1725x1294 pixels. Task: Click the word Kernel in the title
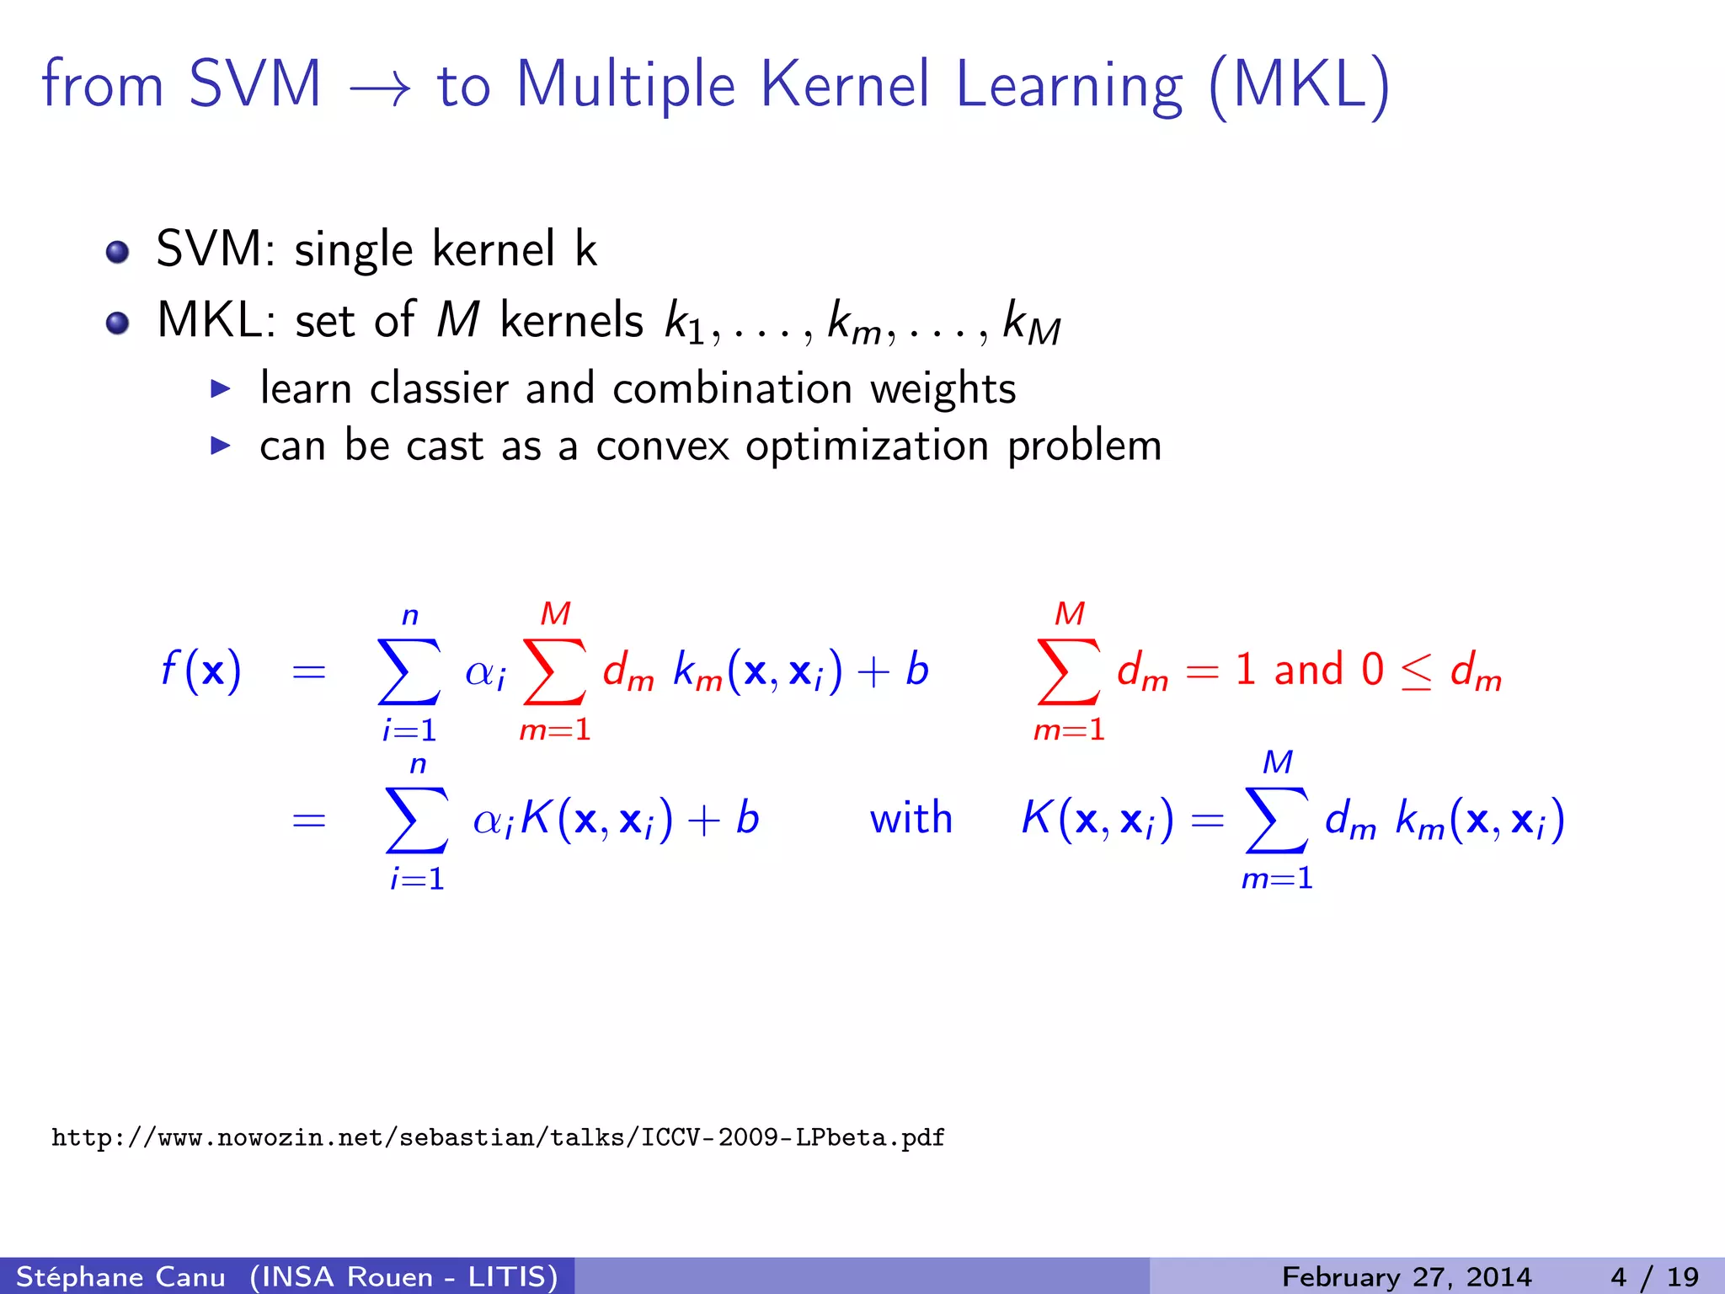point(845,85)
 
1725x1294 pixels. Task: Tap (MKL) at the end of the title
point(1299,87)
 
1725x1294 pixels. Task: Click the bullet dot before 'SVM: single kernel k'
point(118,252)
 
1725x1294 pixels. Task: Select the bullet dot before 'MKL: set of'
point(118,323)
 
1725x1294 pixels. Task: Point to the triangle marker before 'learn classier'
point(220,388)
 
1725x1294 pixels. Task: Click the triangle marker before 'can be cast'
point(220,446)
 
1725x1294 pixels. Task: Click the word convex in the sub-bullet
point(662,446)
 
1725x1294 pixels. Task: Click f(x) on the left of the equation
point(200,671)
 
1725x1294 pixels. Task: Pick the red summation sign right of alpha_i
point(554,671)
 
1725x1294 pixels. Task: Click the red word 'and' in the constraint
point(1308,671)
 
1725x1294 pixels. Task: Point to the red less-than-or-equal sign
point(1416,672)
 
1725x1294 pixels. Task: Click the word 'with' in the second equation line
point(911,819)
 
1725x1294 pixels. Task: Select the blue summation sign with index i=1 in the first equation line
point(409,671)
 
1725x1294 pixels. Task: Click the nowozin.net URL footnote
point(498,1138)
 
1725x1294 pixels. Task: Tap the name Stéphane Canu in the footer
point(121,1276)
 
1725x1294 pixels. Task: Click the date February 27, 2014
point(1406,1276)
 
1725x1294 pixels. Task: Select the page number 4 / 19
point(1654,1276)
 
